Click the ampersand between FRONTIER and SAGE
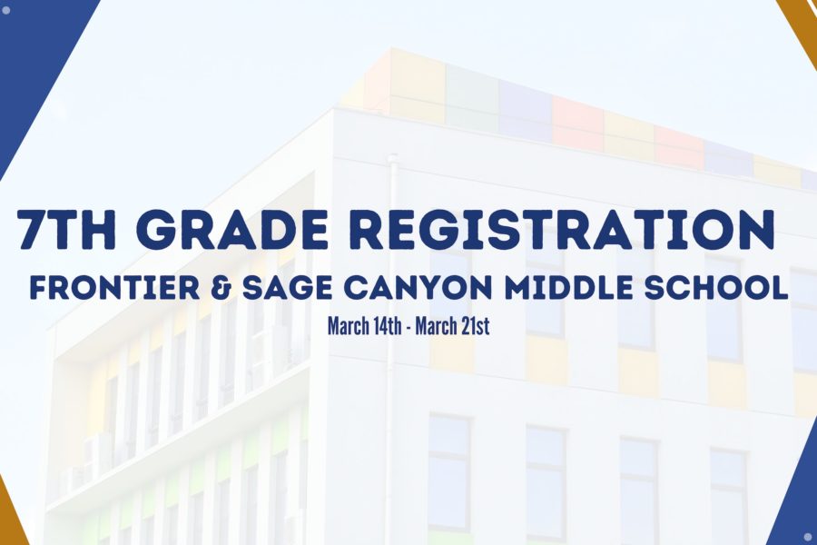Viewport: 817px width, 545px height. [x=222, y=288]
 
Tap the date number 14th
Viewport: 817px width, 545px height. [x=388, y=326]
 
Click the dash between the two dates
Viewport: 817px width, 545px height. [x=408, y=329]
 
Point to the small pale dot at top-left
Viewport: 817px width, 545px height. [x=6, y=9]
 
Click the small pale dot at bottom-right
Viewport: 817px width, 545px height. [x=808, y=536]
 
